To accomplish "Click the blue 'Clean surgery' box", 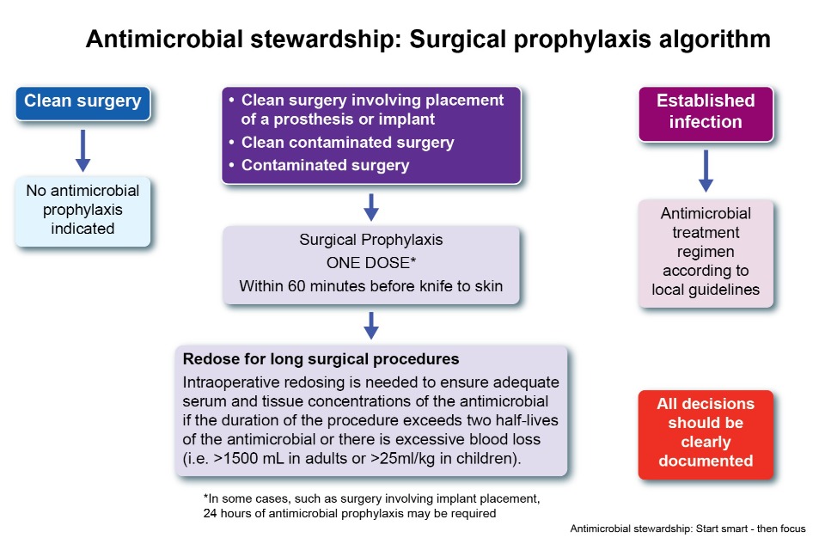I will (82, 101).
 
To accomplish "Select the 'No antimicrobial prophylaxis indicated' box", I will (82, 209).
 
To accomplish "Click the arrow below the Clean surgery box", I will (82, 150).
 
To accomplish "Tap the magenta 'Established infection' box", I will (705, 112).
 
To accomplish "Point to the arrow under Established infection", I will (705, 169).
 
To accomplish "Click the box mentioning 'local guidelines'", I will (705, 251).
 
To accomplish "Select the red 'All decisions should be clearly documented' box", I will (705, 432).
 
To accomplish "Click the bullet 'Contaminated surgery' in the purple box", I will (325, 165).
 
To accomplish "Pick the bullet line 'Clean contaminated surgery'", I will (347, 143).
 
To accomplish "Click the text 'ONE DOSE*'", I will (370, 263).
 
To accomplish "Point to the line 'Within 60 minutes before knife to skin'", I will (370, 285).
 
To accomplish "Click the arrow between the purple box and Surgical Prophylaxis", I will (371, 205).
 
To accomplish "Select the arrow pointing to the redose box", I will (371, 324).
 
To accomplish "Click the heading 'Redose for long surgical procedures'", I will (321, 358).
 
